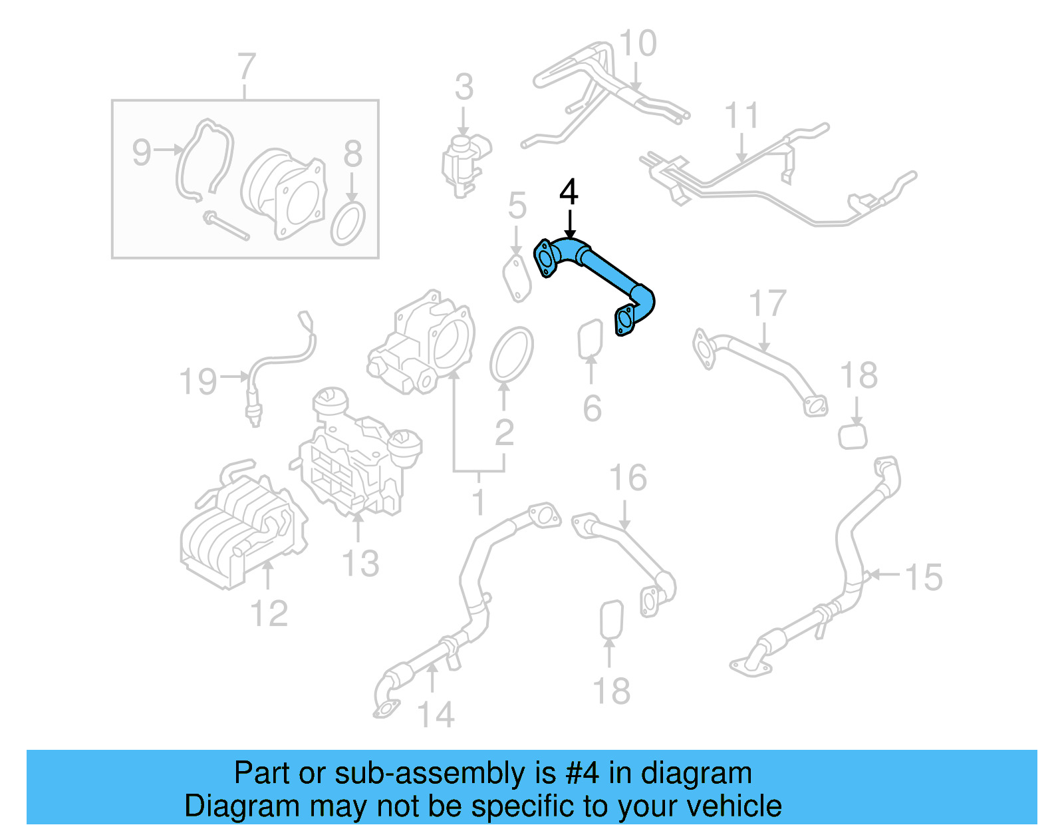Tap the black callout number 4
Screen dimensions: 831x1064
click(569, 192)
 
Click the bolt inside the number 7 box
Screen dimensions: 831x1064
click(226, 226)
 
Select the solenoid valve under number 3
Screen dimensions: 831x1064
click(464, 163)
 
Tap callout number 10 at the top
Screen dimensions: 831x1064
click(638, 44)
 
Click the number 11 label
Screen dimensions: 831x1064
click(741, 116)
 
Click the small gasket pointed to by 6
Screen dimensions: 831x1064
click(590, 339)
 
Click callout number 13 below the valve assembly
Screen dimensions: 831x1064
click(360, 563)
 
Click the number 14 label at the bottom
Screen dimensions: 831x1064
click(436, 715)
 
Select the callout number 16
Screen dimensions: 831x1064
click(628, 478)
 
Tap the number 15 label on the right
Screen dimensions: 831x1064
click(924, 577)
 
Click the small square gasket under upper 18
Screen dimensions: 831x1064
click(853, 436)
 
